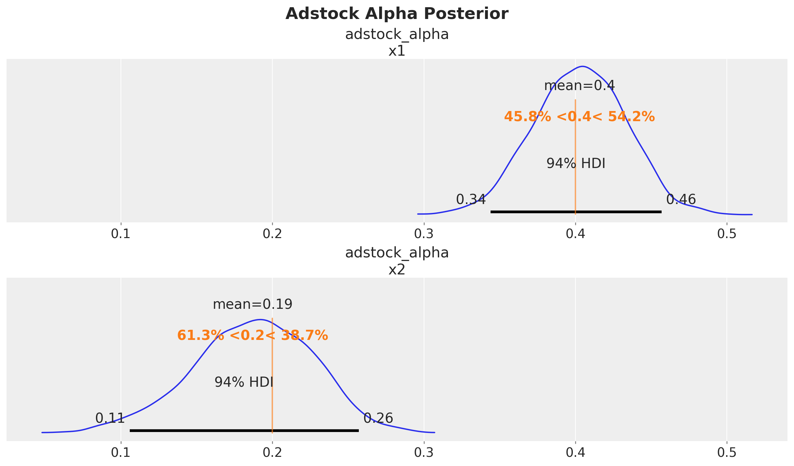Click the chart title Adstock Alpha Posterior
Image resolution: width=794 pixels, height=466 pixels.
(397, 14)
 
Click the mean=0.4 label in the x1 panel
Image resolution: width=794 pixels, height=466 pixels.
(579, 86)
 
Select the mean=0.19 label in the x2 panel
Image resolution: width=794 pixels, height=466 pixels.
(252, 305)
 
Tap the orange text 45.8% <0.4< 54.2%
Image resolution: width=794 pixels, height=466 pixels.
(579, 117)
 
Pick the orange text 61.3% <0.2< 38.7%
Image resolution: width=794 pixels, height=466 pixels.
(252, 336)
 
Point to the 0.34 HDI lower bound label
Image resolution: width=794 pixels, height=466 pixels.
(471, 199)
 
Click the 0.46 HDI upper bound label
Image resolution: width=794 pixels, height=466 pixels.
(681, 199)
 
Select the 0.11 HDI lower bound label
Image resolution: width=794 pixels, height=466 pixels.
(110, 418)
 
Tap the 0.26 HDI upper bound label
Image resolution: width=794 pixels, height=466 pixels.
(378, 418)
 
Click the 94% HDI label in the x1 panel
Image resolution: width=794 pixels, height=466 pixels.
(576, 163)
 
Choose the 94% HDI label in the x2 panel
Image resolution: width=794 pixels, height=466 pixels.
(244, 382)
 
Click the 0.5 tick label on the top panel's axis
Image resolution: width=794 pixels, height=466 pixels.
(727, 234)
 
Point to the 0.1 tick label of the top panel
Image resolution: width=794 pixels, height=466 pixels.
(121, 234)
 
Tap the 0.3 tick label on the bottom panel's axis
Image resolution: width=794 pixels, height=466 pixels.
(424, 453)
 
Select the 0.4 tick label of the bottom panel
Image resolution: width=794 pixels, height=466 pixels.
(575, 453)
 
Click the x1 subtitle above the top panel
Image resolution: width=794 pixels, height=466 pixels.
(397, 51)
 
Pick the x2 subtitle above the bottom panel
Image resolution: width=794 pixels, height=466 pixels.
(397, 270)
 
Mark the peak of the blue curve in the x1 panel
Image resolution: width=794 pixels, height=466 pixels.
(583, 66)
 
